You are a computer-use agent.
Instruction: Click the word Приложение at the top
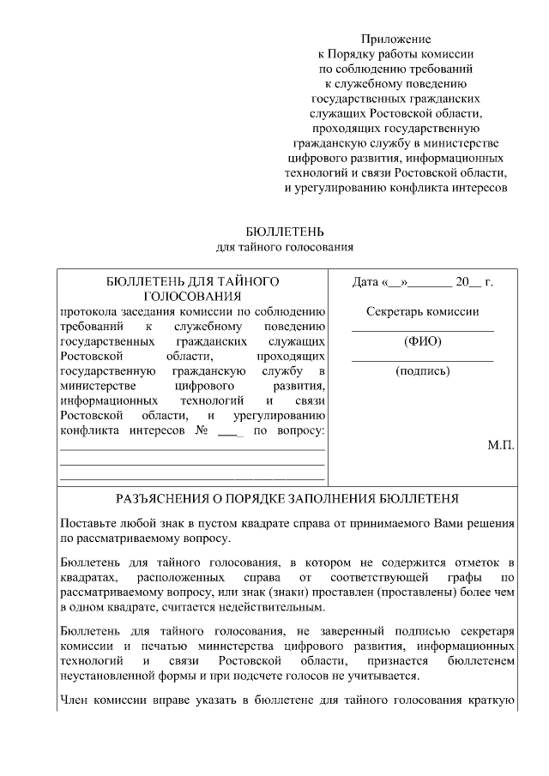pyautogui.click(x=395, y=39)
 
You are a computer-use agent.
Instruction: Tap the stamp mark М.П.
pyautogui.click(x=501, y=446)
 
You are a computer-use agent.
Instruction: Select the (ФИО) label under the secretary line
pyautogui.click(x=422, y=341)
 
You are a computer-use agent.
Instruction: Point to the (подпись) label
pyautogui.click(x=422, y=371)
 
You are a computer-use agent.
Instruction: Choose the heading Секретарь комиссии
pyautogui.click(x=422, y=312)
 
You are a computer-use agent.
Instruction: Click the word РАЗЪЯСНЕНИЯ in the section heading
pyautogui.click(x=162, y=498)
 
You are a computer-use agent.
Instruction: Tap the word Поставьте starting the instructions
pyautogui.click(x=89, y=523)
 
